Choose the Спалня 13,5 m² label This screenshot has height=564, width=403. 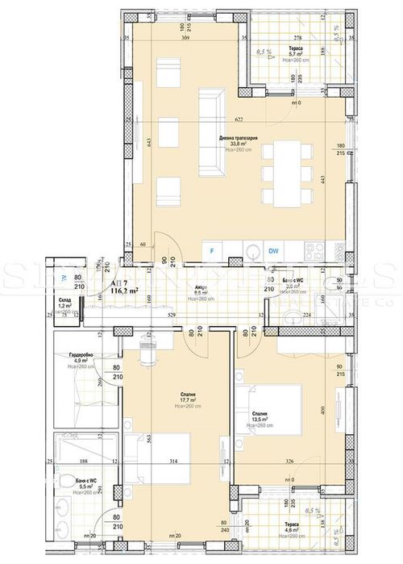pos(257,418)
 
